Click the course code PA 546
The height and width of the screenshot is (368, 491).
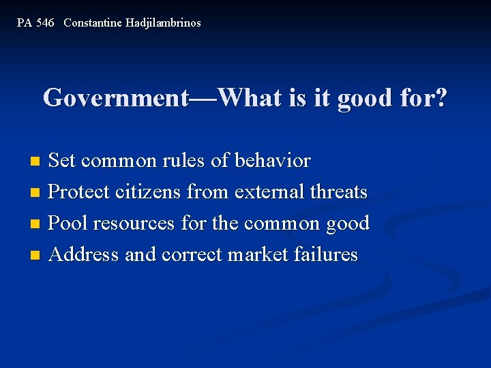[35, 23]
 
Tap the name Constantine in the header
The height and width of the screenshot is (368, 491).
[93, 23]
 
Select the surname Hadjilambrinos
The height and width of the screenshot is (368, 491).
[163, 23]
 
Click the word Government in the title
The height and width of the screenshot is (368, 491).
[116, 98]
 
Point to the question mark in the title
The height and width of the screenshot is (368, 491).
[441, 98]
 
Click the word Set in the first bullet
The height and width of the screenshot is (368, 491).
[63, 162]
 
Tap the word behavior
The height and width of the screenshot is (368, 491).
[273, 162]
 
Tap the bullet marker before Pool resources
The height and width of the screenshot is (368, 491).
[36, 224]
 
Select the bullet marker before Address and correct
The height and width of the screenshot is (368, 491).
[36, 256]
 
